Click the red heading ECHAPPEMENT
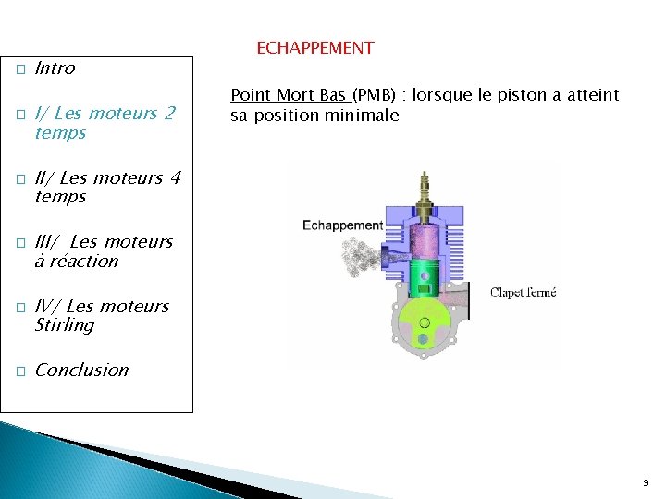click(314, 48)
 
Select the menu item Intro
click(55, 68)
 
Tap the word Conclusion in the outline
click(81, 371)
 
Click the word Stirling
click(65, 325)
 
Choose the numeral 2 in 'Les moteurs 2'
click(169, 114)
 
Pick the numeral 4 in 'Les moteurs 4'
click(176, 177)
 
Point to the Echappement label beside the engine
click(342, 225)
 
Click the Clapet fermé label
click(523, 293)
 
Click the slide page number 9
click(646, 482)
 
